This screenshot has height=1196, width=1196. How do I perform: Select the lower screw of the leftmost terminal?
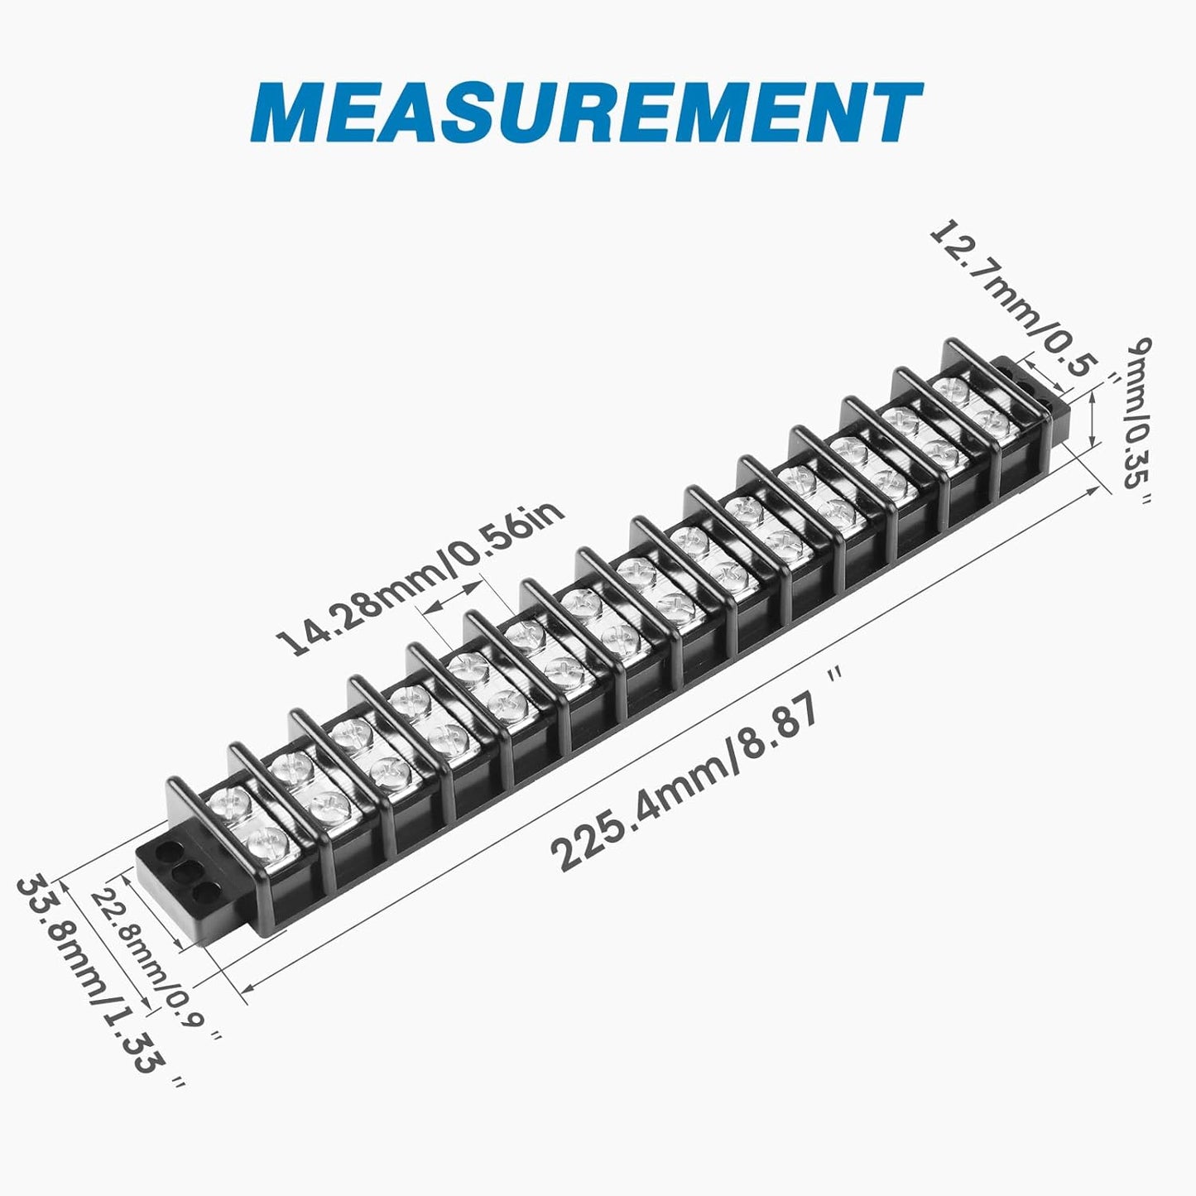tap(268, 843)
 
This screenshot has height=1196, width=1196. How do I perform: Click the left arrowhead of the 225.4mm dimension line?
tap(245, 987)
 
